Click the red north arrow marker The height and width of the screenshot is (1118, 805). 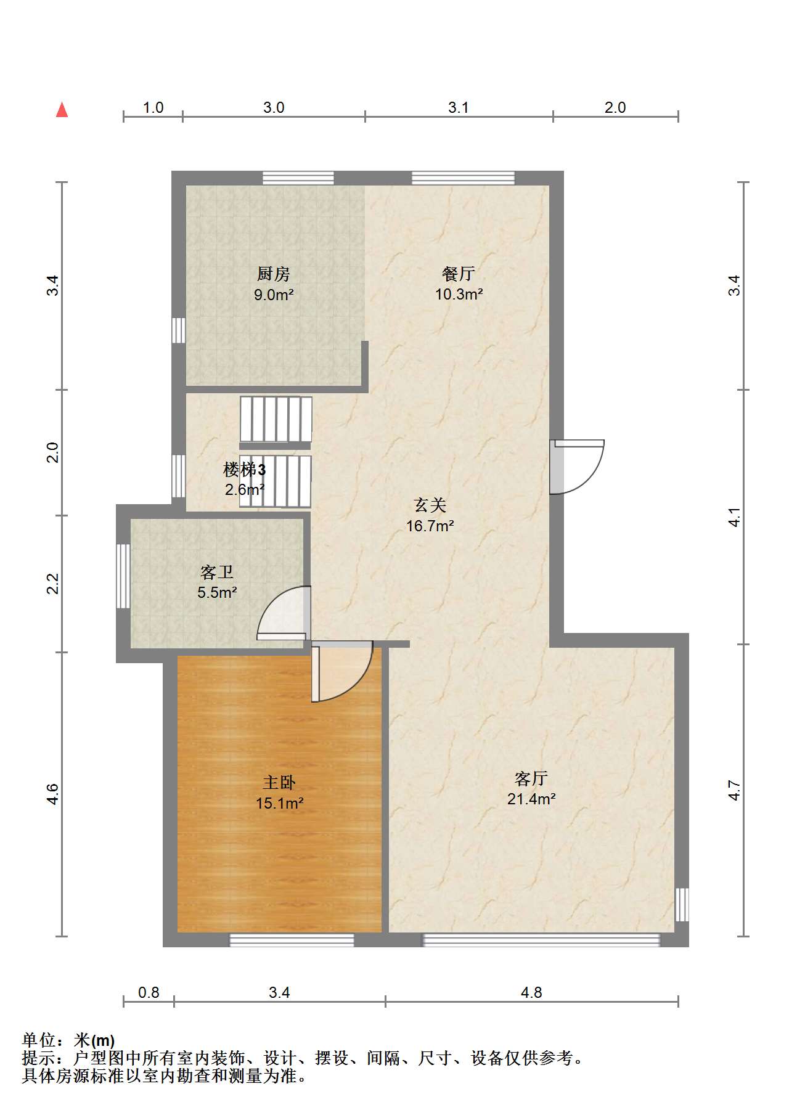pyautogui.click(x=62, y=110)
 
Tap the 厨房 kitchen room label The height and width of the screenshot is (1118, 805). pyautogui.click(x=274, y=273)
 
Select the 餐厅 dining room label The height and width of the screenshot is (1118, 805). pyautogui.click(x=459, y=273)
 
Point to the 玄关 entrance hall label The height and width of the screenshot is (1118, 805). pyautogui.click(x=430, y=505)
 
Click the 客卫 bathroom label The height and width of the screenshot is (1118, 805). pyautogui.click(x=217, y=573)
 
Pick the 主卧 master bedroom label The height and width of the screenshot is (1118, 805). pyautogui.click(x=279, y=783)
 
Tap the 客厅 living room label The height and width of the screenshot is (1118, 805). pyautogui.click(x=531, y=778)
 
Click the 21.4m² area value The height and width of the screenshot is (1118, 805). pyautogui.click(x=531, y=799)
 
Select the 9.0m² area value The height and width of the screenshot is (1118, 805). pyautogui.click(x=274, y=295)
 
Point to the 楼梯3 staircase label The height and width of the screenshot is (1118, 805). pyautogui.click(x=245, y=470)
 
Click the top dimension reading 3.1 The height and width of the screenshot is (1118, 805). pyautogui.click(x=459, y=108)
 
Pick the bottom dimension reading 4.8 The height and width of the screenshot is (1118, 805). pyautogui.click(x=531, y=992)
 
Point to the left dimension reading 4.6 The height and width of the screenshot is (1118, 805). pyautogui.click(x=53, y=794)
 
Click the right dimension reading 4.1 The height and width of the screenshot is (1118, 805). pyautogui.click(x=734, y=517)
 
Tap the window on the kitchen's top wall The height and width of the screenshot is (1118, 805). pyautogui.click(x=298, y=178)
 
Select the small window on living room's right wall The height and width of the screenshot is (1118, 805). pyautogui.click(x=682, y=904)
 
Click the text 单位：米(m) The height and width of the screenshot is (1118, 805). pyautogui.click(x=68, y=1041)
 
